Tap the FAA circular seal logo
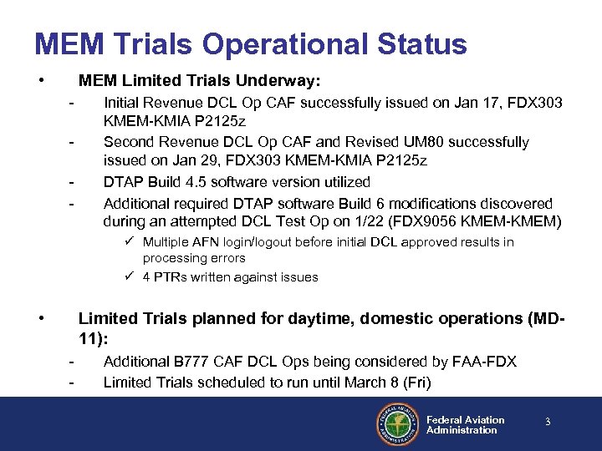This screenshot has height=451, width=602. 397,424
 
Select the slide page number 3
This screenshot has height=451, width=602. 548,423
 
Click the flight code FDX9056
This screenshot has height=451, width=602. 452,221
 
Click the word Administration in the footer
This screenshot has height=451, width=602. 462,430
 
